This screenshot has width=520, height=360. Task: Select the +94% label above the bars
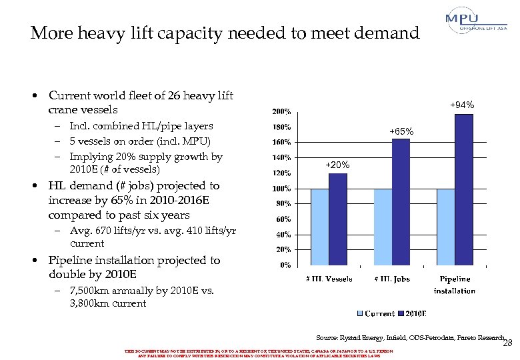(x=461, y=105)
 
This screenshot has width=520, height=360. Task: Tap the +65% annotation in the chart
(x=402, y=132)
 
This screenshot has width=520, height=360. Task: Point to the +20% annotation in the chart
(x=337, y=165)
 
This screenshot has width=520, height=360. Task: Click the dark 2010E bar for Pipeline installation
(x=465, y=190)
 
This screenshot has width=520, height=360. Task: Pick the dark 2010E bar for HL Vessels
(x=338, y=219)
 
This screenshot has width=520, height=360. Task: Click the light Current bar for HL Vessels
(x=320, y=227)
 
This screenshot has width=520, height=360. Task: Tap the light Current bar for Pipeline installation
(x=446, y=227)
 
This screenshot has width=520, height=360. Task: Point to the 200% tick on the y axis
(x=280, y=111)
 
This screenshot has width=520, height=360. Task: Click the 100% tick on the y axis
(x=280, y=189)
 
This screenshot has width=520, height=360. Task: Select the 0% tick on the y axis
(x=284, y=265)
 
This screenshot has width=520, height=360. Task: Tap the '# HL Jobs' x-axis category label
(x=391, y=279)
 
